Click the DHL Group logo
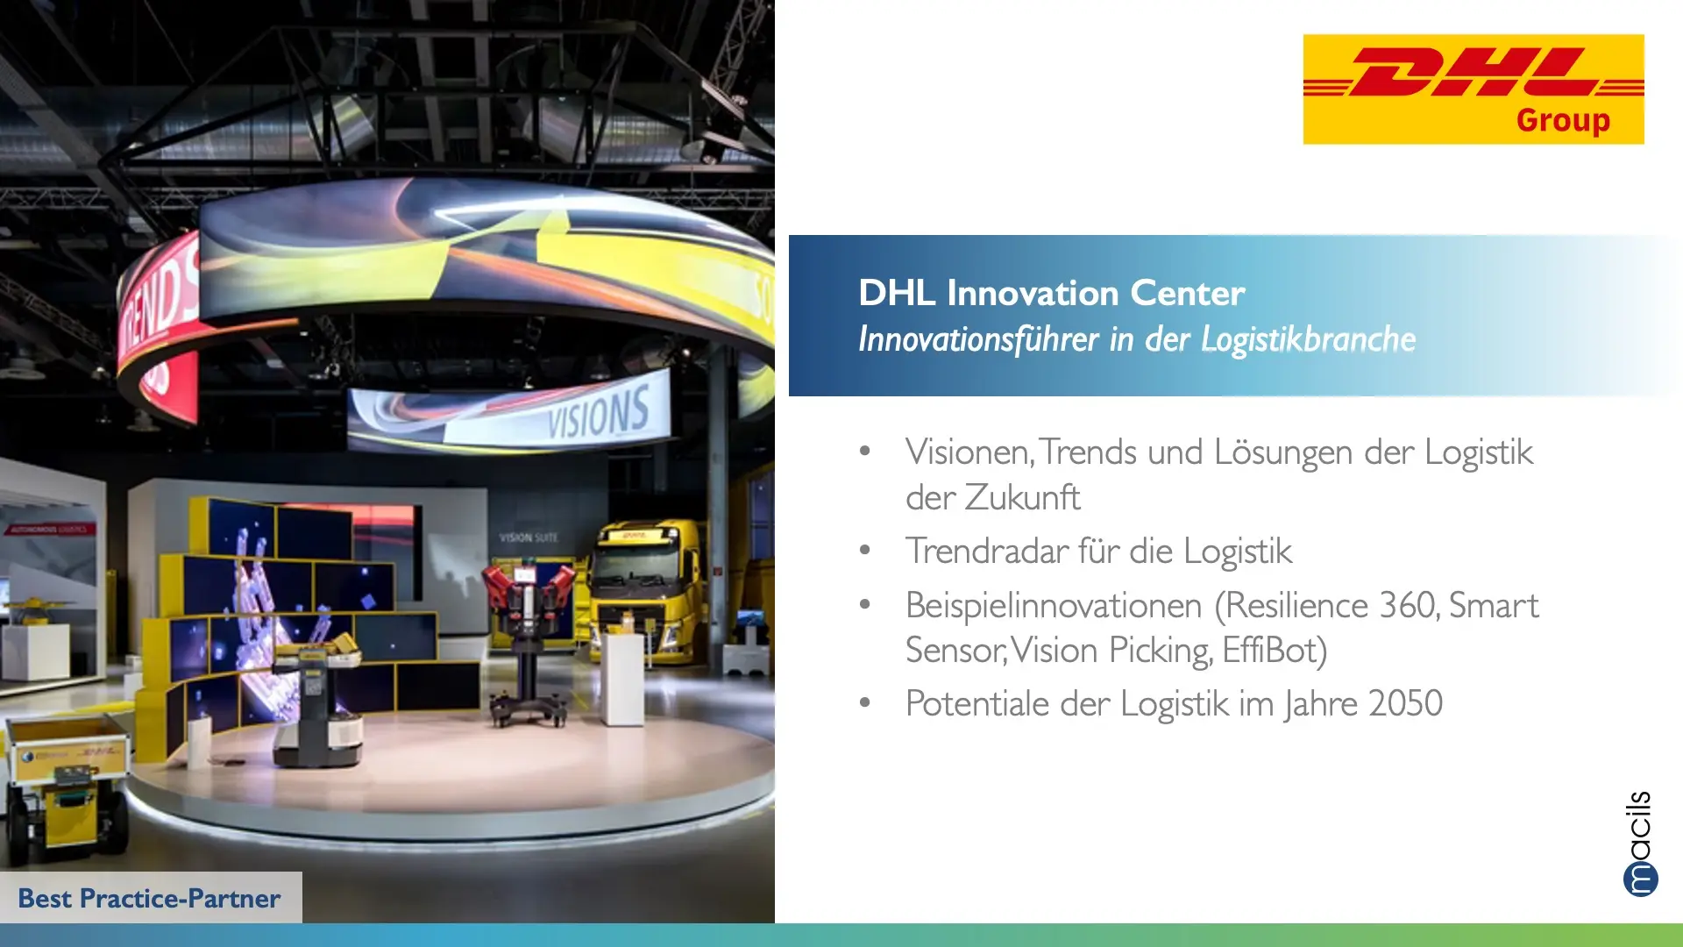(1474, 89)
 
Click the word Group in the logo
(1563, 120)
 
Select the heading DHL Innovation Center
(1051, 293)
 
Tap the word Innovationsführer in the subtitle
(978, 339)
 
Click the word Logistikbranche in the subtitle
(1308, 339)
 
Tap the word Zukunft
(1023, 497)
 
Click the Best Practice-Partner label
(149, 898)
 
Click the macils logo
(1640, 844)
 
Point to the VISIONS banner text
(599, 413)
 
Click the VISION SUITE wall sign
(529, 538)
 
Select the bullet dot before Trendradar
(865, 551)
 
